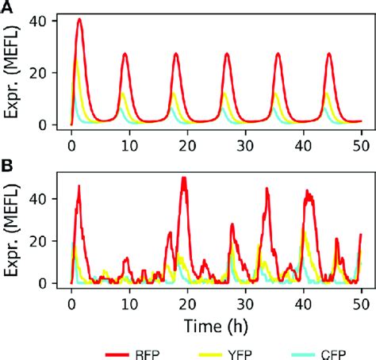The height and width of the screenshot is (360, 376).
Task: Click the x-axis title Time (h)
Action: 215,324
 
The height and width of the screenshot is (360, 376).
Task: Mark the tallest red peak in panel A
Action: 80,19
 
